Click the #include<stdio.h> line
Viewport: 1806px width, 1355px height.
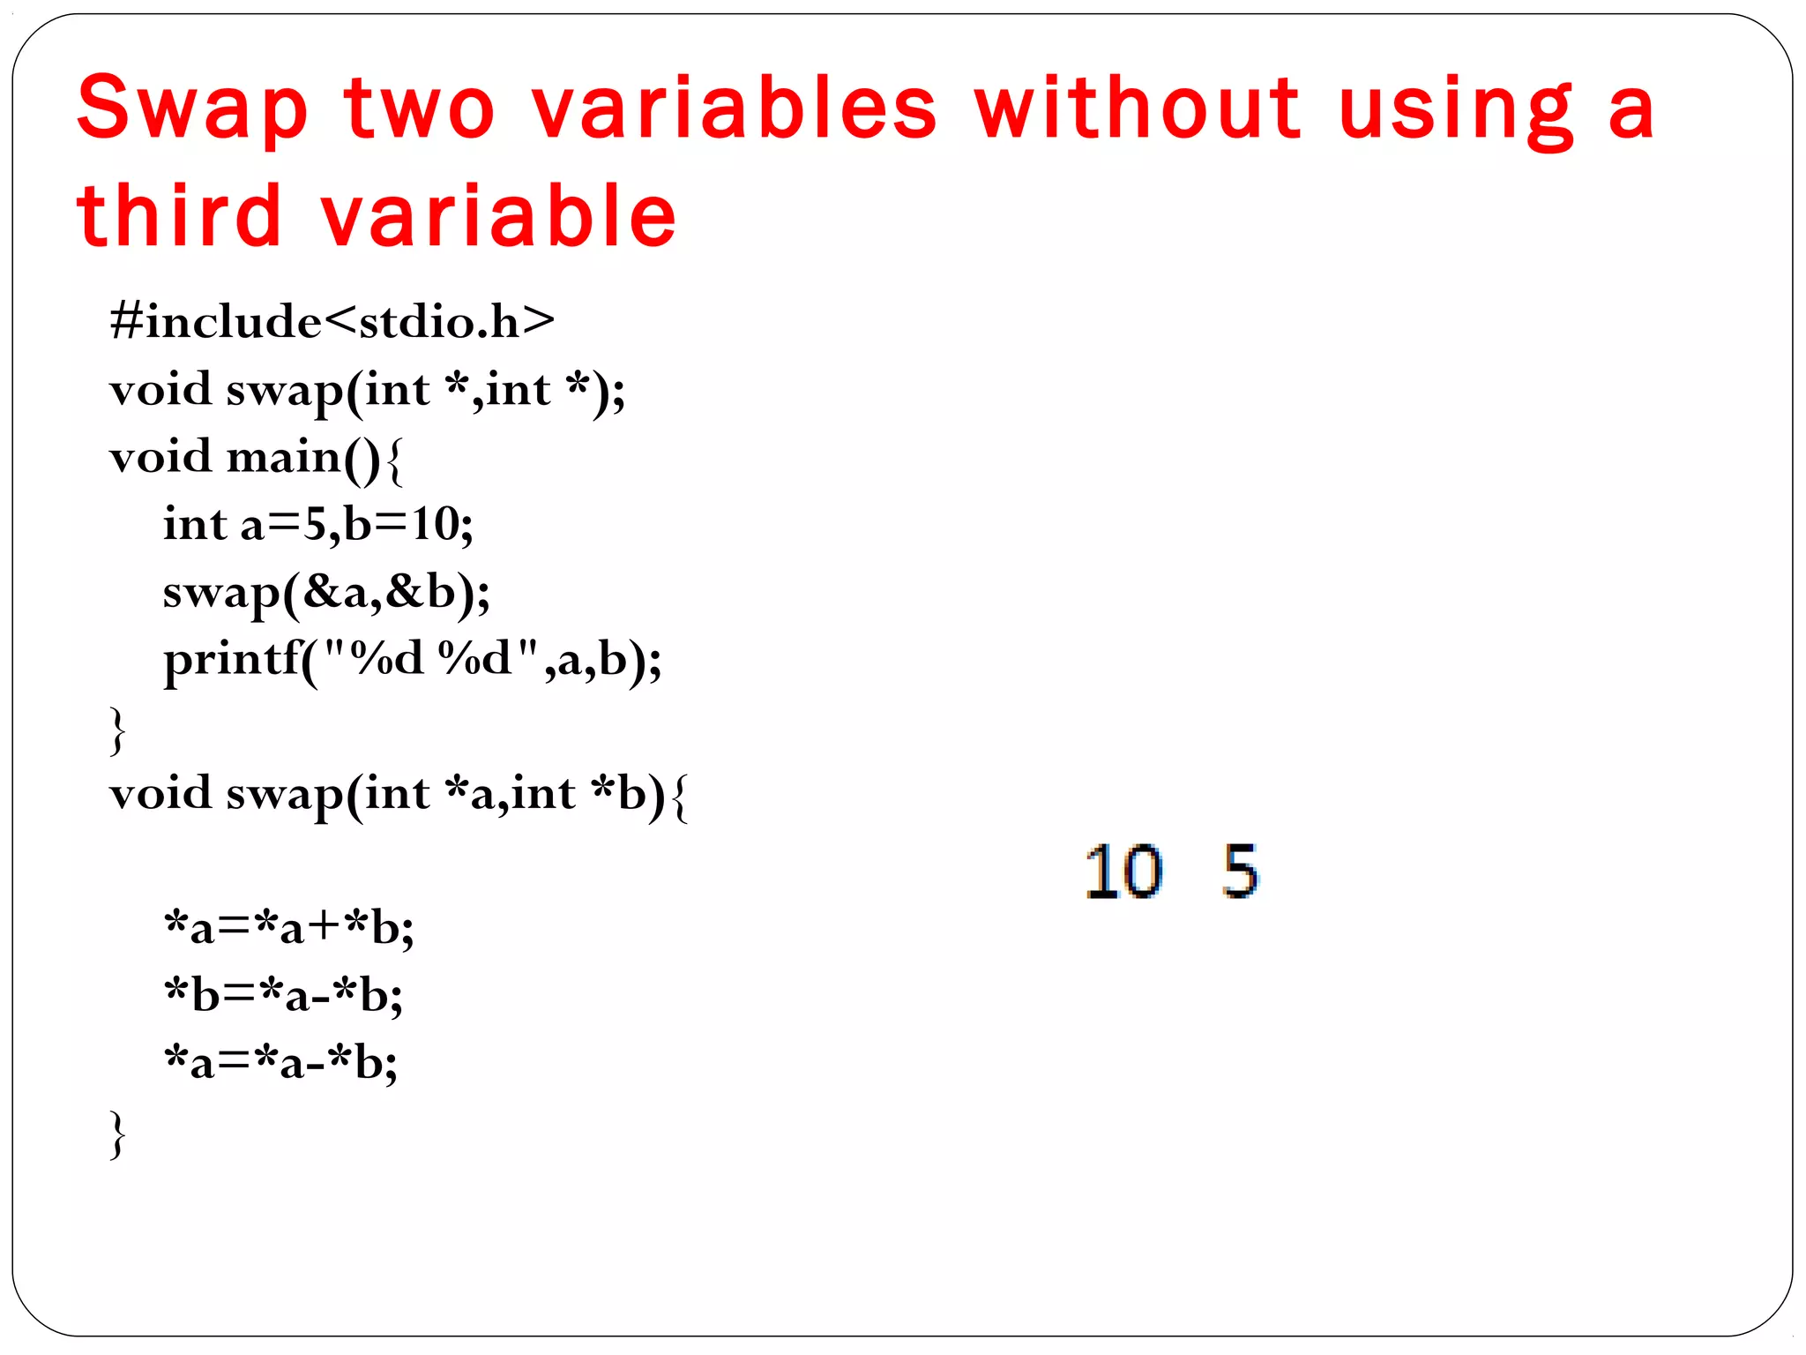pyautogui.click(x=332, y=321)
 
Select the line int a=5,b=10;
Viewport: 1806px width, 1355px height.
pyautogui.click(x=317, y=524)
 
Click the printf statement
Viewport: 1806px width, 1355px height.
pyautogui.click(x=412, y=660)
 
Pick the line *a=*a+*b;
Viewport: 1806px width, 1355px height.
pyautogui.click(x=289, y=928)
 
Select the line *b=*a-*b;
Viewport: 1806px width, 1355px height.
pyautogui.click(x=284, y=996)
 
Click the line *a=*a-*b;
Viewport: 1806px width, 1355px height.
pyautogui.click(x=281, y=1063)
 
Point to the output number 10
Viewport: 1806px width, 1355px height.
pyautogui.click(x=1123, y=872)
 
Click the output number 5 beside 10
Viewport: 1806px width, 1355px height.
pyautogui.click(x=1241, y=872)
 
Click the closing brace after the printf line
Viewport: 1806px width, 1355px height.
pyautogui.click(x=117, y=730)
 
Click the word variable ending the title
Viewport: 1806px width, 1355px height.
pyautogui.click(x=499, y=216)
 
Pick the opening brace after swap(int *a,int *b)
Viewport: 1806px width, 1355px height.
pyautogui.click(x=679, y=797)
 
